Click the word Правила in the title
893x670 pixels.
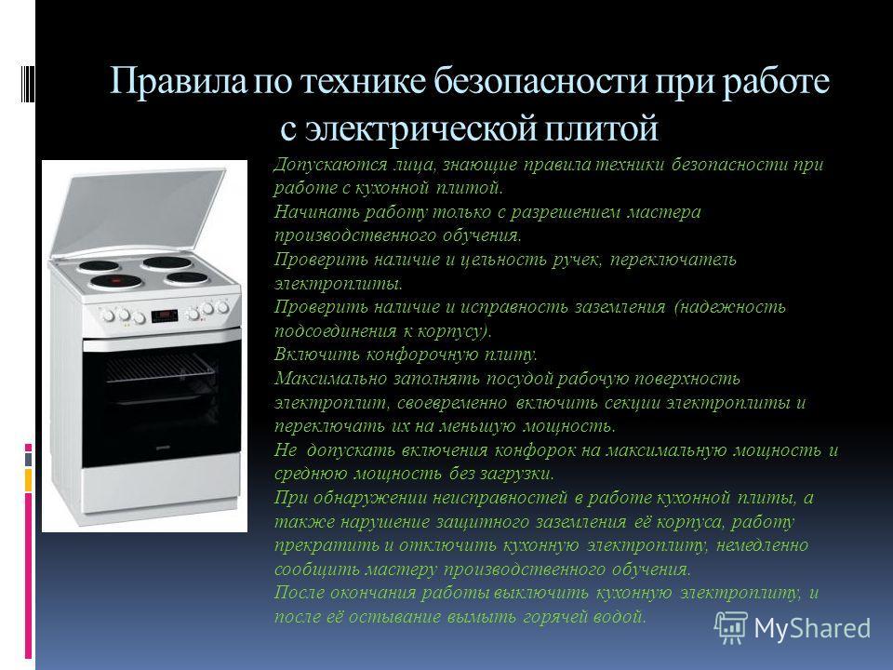179,81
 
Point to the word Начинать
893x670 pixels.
316,212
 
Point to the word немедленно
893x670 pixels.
762,545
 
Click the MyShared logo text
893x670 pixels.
812,628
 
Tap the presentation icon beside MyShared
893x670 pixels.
731,627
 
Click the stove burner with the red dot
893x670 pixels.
116,281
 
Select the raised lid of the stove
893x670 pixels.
138,211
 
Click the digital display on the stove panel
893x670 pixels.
165,315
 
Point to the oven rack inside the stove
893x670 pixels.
160,367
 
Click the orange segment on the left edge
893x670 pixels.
28,480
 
